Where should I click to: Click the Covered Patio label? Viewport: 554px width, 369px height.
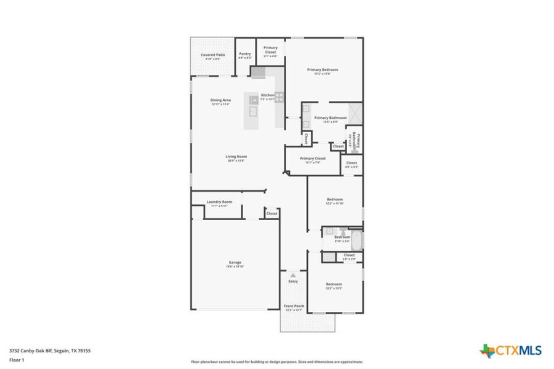coord(212,55)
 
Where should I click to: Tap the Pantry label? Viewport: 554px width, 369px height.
coord(245,54)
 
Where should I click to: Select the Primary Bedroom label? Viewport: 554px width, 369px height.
coord(323,70)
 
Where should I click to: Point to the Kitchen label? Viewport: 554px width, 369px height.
coord(267,95)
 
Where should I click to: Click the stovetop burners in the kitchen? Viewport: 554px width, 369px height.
coord(279,97)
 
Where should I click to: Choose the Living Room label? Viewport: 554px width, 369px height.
coord(236,157)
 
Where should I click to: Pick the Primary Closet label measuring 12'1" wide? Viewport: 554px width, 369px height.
coord(313,159)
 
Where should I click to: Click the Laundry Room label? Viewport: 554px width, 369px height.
coord(219,202)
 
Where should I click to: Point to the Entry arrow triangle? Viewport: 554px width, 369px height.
coord(293,276)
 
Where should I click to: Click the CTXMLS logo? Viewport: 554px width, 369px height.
coord(510,351)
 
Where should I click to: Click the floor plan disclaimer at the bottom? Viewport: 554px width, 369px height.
coord(277,362)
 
